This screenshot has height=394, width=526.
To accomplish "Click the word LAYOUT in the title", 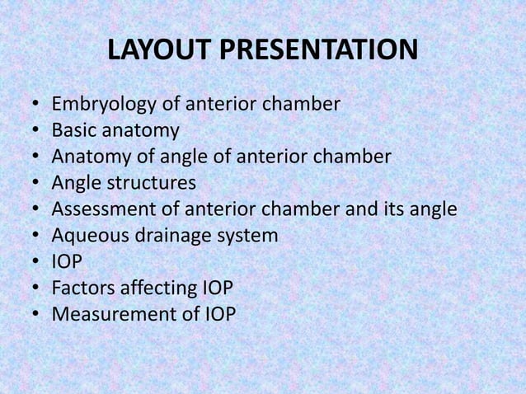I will point(159,51).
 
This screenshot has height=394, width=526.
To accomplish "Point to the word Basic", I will point(73,131).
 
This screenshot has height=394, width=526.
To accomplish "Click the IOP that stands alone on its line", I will point(67,262).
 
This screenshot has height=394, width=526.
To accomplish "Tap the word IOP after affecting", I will point(218,288).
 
